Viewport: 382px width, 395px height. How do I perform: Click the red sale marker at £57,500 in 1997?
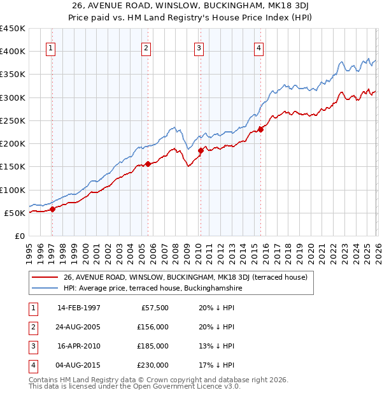(x=53, y=209)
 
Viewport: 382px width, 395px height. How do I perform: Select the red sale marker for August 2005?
(x=148, y=164)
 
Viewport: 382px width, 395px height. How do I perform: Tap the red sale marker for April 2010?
(x=201, y=150)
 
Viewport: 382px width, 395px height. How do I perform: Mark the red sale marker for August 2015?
(x=260, y=129)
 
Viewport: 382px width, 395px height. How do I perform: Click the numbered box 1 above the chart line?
(x=50, y=48)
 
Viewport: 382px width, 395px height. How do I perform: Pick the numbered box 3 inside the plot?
(x=199, y=48)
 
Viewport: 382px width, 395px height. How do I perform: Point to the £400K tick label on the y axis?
(x=12, y=52)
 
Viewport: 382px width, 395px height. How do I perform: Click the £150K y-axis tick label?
(x=12, y=167)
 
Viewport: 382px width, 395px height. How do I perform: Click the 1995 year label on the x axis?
(x=29, y=250)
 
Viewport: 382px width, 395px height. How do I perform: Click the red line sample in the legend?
(x=46, y=277)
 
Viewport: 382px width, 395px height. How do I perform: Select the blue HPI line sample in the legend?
(x=46, y=288)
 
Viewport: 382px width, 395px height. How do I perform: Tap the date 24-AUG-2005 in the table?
(x=79, y=327)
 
